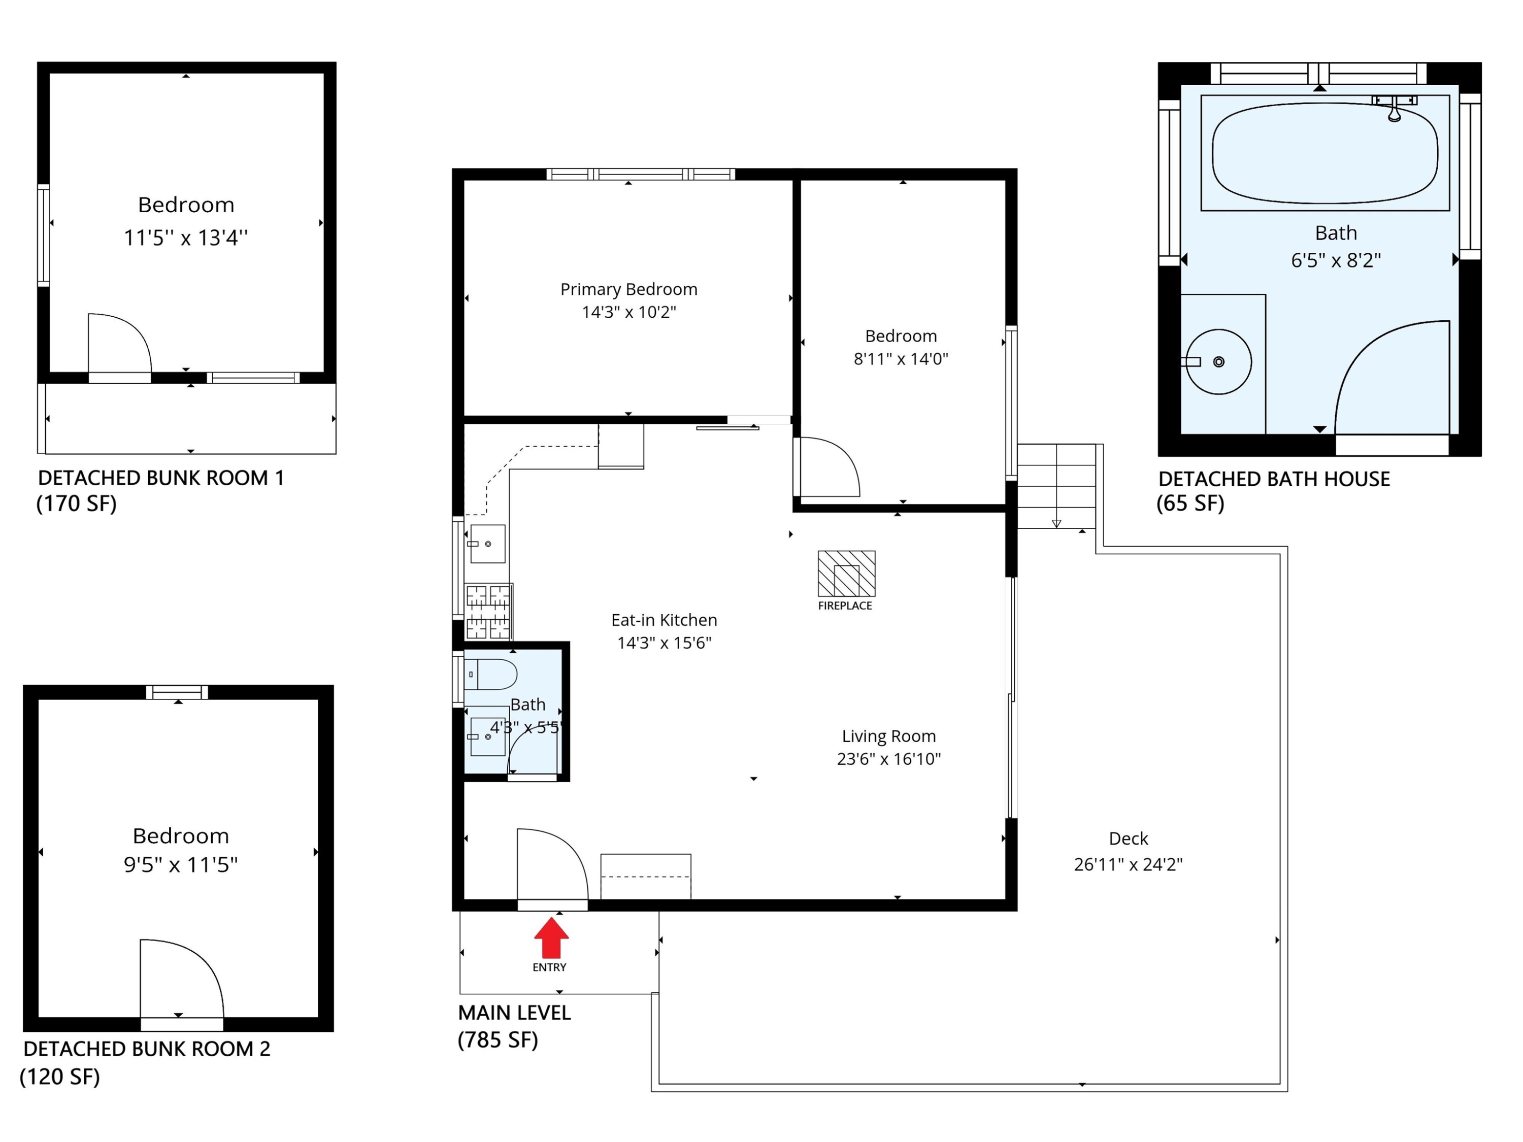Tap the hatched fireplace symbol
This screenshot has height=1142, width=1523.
pos(846,574)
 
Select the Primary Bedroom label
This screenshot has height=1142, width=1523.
pos(628,289)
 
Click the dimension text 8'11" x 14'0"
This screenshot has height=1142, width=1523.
pos(901,359)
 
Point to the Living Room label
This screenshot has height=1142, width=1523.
pos(889,736)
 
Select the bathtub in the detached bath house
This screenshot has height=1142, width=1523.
pos(1325,153)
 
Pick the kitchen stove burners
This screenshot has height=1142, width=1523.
pos(488,611)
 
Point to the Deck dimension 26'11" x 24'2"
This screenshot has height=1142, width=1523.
pos(1128,864)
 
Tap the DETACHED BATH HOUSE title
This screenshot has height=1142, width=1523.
pos(1274,479)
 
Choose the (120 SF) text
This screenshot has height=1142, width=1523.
pos(60,1077)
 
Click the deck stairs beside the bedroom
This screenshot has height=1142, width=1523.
pos(1056,486)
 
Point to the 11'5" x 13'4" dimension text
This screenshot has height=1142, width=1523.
pos(185,238)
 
